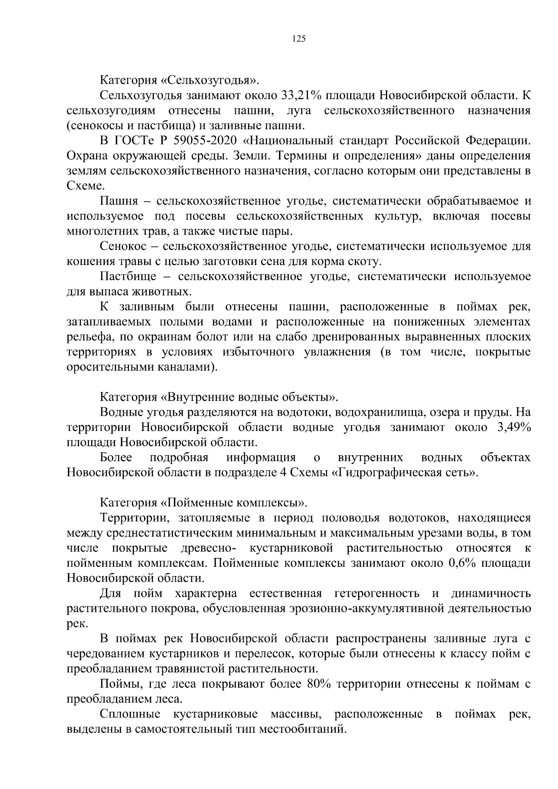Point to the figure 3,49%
[513, 427]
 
